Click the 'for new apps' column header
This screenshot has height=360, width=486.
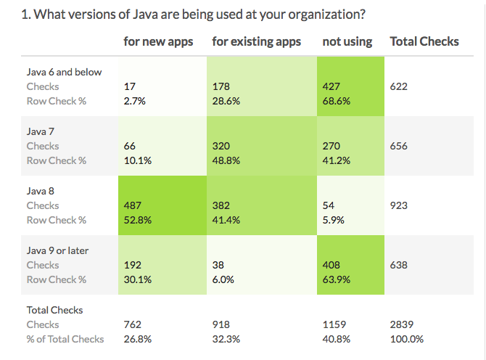click(159, 41)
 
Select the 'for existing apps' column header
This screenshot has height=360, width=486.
click(256, 41)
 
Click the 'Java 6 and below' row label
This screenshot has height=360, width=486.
click(65, 72)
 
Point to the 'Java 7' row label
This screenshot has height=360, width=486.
click(42, 131)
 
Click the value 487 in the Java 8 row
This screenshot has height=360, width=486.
click(133, 205)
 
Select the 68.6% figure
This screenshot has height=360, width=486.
click(337, 101)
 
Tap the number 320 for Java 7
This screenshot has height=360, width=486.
click(221, 146)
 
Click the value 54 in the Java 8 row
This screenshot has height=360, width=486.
click(329, 205)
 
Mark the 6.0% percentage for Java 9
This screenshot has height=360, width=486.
click(223, 279)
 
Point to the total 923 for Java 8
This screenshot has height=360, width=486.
click(398, 205)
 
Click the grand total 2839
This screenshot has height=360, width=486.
click(402, 324)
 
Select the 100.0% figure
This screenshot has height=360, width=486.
click(407, 339)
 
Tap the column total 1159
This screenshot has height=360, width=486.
click(334, 324)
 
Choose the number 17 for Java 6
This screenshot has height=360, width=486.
click(130, 86)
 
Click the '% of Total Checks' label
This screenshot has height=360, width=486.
click(65, 339)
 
